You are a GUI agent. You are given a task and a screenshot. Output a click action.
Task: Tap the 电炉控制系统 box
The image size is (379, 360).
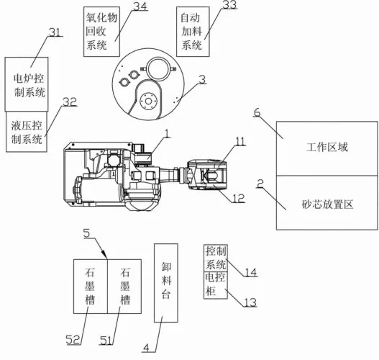(x=27, y=84)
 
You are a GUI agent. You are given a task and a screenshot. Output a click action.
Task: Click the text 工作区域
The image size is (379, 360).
(x=327, y=148)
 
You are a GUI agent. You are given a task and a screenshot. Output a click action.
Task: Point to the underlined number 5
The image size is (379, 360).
(x=87, y=233)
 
